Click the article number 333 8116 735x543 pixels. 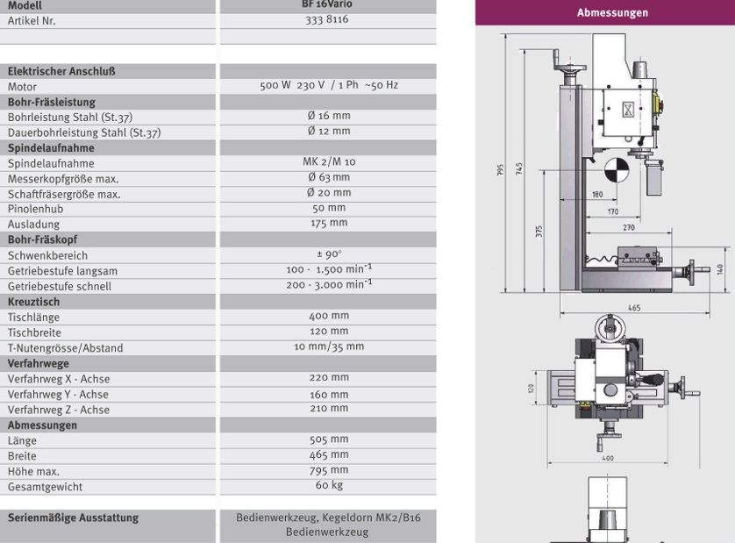pyautogui.click(x=327, y=19)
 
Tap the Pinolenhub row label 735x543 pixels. pyautogui.click(x=35, y=209)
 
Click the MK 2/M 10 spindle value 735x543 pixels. pyautogui.click(x=329, y=161)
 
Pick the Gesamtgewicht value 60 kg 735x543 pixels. pyautogui.click(x=329, y=485)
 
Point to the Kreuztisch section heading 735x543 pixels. pyautogui.click(x=33, y=302)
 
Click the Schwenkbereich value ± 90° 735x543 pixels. pyautogui.click(x=329, y=254)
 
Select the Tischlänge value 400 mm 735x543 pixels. pyautogui.click(x=329, y=316)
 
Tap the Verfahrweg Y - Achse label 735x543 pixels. pyautogui.click(x=58, y=395)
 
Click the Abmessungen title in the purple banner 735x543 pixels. pyautogui.click(x=612, y=12)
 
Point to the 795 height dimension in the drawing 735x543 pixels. pyautogui.click(x=500, y=169)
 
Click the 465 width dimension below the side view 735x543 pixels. pyautogui.click(x=634, y=308)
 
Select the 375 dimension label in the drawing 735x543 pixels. pyautogui.click(x=539, y=232)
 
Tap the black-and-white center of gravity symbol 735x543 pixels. pyautogui.click(x=616, y=170)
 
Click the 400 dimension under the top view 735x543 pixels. pyautogui.click(x=608, y=458)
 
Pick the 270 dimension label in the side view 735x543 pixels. pyautogui.click(x=629, y=227)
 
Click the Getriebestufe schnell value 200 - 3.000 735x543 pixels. pyautogui.click(x=329, y=284)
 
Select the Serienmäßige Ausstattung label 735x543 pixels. pyautogui.click(x=73, y=518)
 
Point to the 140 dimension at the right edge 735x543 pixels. pyautogui.click(x=720, y=269)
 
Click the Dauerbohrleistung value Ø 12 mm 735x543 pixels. pyautogui.click(x=329, y=131)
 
